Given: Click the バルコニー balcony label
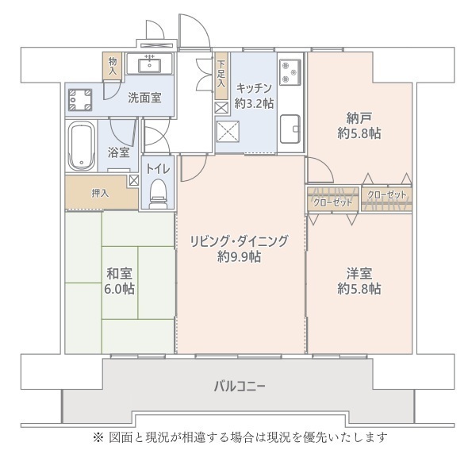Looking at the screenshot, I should (239, 387).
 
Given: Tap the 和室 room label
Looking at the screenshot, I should (121, 274).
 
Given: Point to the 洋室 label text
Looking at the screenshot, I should (359, 274).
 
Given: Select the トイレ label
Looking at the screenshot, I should (157, 167).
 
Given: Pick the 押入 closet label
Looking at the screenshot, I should (99, 192).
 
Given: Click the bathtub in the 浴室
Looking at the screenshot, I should (82, 144).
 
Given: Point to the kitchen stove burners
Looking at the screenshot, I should (290, 71).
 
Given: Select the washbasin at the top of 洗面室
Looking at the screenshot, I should (149, 63).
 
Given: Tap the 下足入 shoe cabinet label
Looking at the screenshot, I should (221, 74).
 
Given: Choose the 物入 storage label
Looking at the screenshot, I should (112, 64).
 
